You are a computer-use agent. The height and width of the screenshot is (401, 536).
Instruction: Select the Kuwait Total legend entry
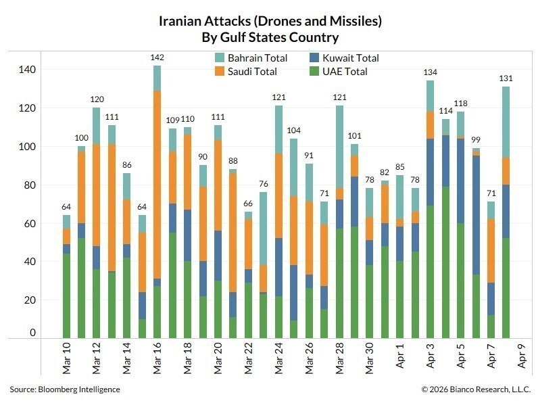(x=342, y=58)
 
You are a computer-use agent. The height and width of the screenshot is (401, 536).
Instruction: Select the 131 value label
(x=506, y=78)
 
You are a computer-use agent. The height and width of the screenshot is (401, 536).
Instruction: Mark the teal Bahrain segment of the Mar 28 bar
(x=339, y=146)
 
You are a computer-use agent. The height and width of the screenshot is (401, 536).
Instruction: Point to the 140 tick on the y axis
(x=28, y=70)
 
